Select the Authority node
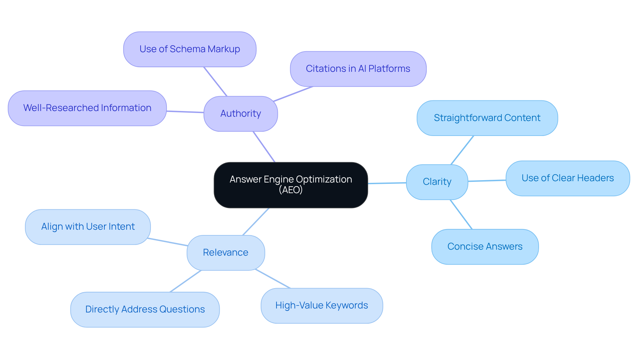point(241,114)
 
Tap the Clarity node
point(437,182)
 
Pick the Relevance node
point(226,253)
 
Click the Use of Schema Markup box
point(190,49)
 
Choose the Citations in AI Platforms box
point(358,69)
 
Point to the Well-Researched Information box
point(87,108)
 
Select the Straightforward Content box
point(487,118)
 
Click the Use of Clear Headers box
point(568,178)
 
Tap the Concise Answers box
point(485,247)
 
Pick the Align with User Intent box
point(88,227)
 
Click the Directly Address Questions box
point(145,309)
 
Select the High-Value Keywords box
point(322,305)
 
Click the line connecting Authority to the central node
point(264,147)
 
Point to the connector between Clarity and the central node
point(387,183)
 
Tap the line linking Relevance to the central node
point(256,222)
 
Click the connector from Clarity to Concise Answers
point(461,214)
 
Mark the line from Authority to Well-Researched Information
point(185,112)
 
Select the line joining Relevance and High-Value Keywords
point(273,279)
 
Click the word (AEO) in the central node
point(291,190)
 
